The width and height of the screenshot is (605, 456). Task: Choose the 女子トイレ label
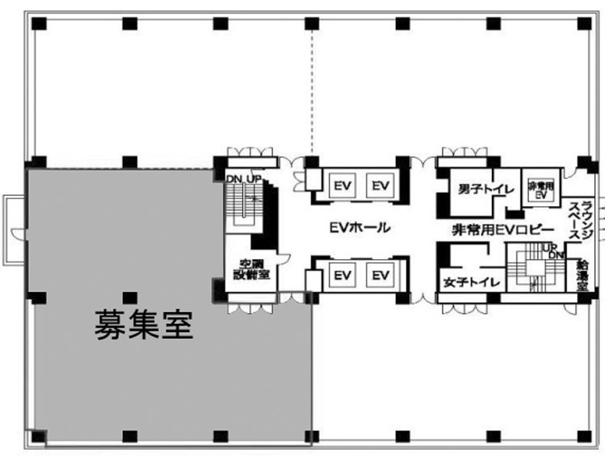point(470,282)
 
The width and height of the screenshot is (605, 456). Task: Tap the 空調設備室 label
point(252,269)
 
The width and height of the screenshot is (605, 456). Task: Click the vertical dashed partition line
point(311,92)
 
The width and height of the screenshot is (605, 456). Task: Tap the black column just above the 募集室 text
point(130,297)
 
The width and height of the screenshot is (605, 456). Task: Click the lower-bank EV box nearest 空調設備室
point(342,275)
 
